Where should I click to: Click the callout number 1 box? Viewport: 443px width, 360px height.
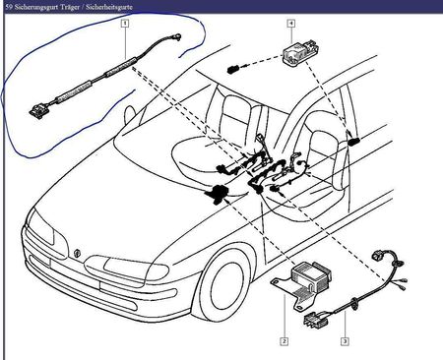[125, 24]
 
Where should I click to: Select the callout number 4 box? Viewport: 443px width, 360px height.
[291, 24]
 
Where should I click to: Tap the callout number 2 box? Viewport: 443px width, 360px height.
[285, 341]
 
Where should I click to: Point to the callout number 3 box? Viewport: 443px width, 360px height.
[345, 341]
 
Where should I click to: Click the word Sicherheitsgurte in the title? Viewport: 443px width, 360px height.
[109, 7]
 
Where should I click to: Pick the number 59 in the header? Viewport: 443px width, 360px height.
[9, 7]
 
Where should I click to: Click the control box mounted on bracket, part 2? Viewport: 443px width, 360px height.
[311, 275]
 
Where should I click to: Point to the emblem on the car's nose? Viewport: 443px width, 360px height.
[78, 254]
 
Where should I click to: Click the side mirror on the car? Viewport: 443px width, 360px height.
[129, 114]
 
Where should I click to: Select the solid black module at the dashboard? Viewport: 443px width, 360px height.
[216, 193]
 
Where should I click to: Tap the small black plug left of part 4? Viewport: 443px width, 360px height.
[231, 69]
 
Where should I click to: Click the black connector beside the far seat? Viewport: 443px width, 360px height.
[353, 141]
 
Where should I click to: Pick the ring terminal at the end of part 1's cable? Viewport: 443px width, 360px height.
[178, 36]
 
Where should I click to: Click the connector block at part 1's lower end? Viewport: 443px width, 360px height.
[38, 111]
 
